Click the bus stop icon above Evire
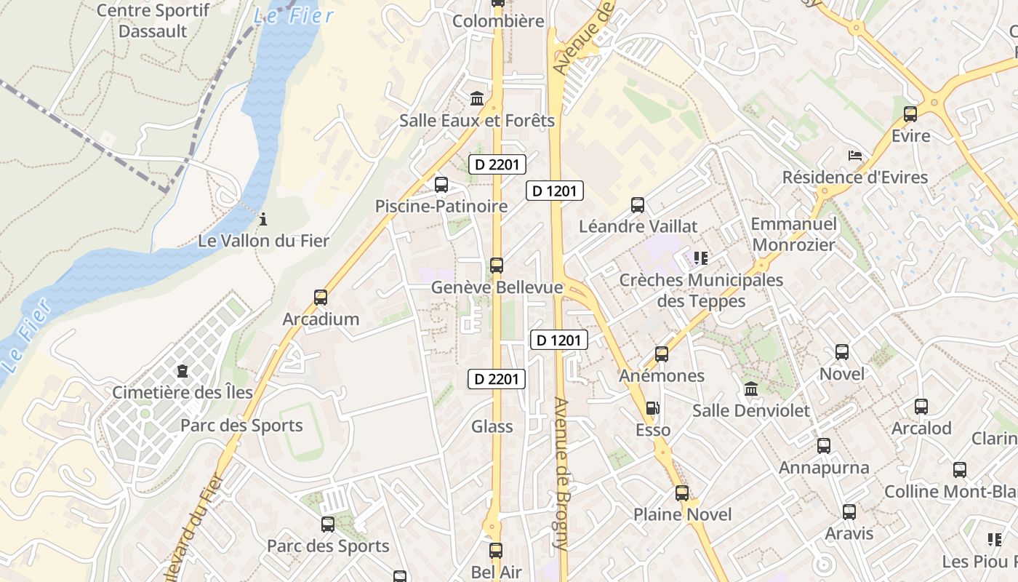pyautogui.click(x=910, y=114)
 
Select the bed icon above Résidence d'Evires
pyautogui.click(x=855, y=156)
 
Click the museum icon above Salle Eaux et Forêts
pyautogui.click(x=477, y=98)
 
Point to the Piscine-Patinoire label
pyautogui.click(x=441, y=206)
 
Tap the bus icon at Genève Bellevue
pyautogui.click(x=497, y=266)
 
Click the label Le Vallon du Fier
pyautogui.click(x=263, y=240)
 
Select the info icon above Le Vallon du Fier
pyautogui.click(x=263, y=218)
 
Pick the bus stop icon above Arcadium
pyautogui.click(x=321, y=297)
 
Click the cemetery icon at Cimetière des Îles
pyautogui.click(x=182, y=371)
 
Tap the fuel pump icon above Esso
pyautogui.click(x=653, y=408)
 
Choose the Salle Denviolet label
pyautogui.click(x=750, y=410)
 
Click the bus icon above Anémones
pyautogui.click(x=662, y=354)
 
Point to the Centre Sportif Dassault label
pyautogui.click(x=153, y=20)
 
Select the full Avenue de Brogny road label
pyautogui.click(x=561, y=473)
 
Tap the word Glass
pyautogui.click(x=492, y=426)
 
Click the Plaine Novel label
pyautogui.click(x=682, y=514)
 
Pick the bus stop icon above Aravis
pyautogui.click(x=849, y=512)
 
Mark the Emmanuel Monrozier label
pyautogui.click(x=793, y=234)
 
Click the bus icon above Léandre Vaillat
pyautogui.click(x=638, y=205)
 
